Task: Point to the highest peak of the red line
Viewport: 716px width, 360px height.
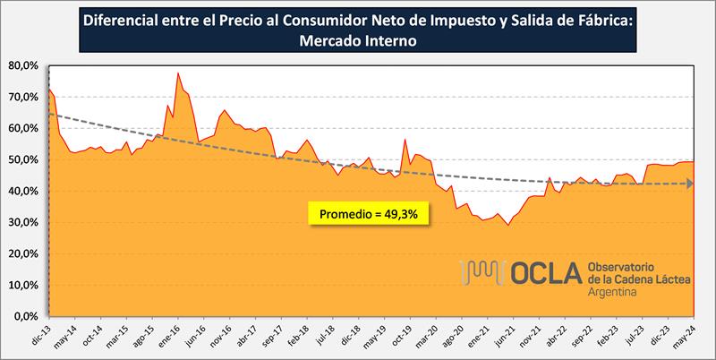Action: [x=177, y=73]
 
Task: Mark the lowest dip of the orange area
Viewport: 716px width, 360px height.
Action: [x=508, y=225]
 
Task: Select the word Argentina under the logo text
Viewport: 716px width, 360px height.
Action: [x=613, y=293]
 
